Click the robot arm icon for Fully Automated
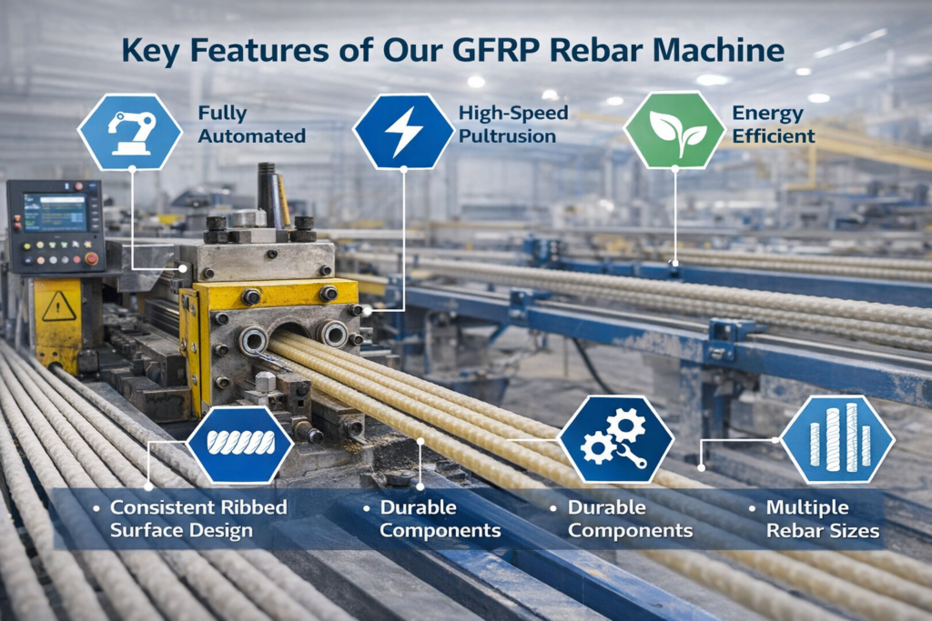point(130,132)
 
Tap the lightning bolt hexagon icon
point(403,132)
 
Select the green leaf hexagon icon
point(674,132)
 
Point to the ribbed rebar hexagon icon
point(240,443)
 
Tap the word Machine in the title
point(724,50)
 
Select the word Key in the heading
point(149,50)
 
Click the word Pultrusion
point(507,136)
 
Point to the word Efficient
point(773,136)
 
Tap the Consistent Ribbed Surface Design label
point(198,518)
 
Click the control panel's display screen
point(55,212)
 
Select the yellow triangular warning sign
point(58,307)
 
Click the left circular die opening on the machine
point(253,341)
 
